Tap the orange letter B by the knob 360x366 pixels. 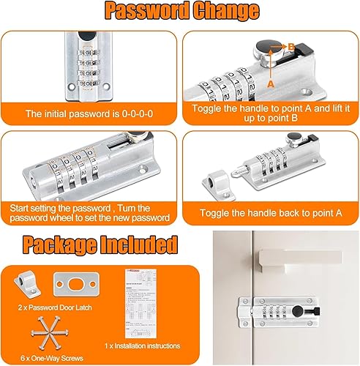pos(291,46)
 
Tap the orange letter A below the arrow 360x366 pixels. pos(271,84)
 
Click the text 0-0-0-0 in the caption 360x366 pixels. pos(138,114)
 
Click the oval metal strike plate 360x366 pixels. pos(77,284)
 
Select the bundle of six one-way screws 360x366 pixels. pos(50,333)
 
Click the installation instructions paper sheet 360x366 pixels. pos(140,304)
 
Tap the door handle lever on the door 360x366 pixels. pos(301,260)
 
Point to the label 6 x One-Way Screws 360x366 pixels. pos(52,358)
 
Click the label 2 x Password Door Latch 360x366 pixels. pos(55,307)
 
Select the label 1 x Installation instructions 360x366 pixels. pos(143,346)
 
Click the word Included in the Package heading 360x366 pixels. pos(139,244)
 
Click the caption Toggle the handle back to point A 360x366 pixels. pos(271,213)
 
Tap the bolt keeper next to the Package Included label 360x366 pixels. pos(27,283)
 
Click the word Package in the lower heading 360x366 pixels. pos(60,245)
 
